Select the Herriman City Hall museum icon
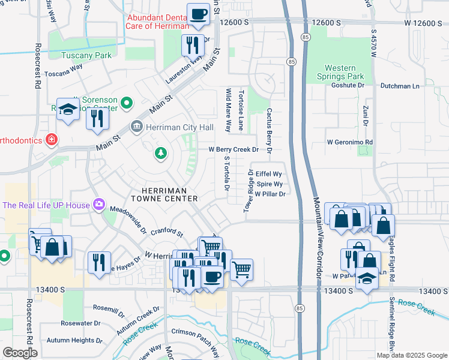coord(136,127)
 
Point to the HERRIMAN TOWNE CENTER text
coord(164,194)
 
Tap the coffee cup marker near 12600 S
coord(198,14)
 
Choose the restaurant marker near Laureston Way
coord(193,45)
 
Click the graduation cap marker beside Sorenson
coord(68,109)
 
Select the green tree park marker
coord(160,154)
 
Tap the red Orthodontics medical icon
coord(52,140)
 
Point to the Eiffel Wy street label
coord(268,174)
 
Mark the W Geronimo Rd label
coord(350,142)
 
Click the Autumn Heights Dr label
coord(70,340)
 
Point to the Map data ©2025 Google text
coord(411,355)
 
